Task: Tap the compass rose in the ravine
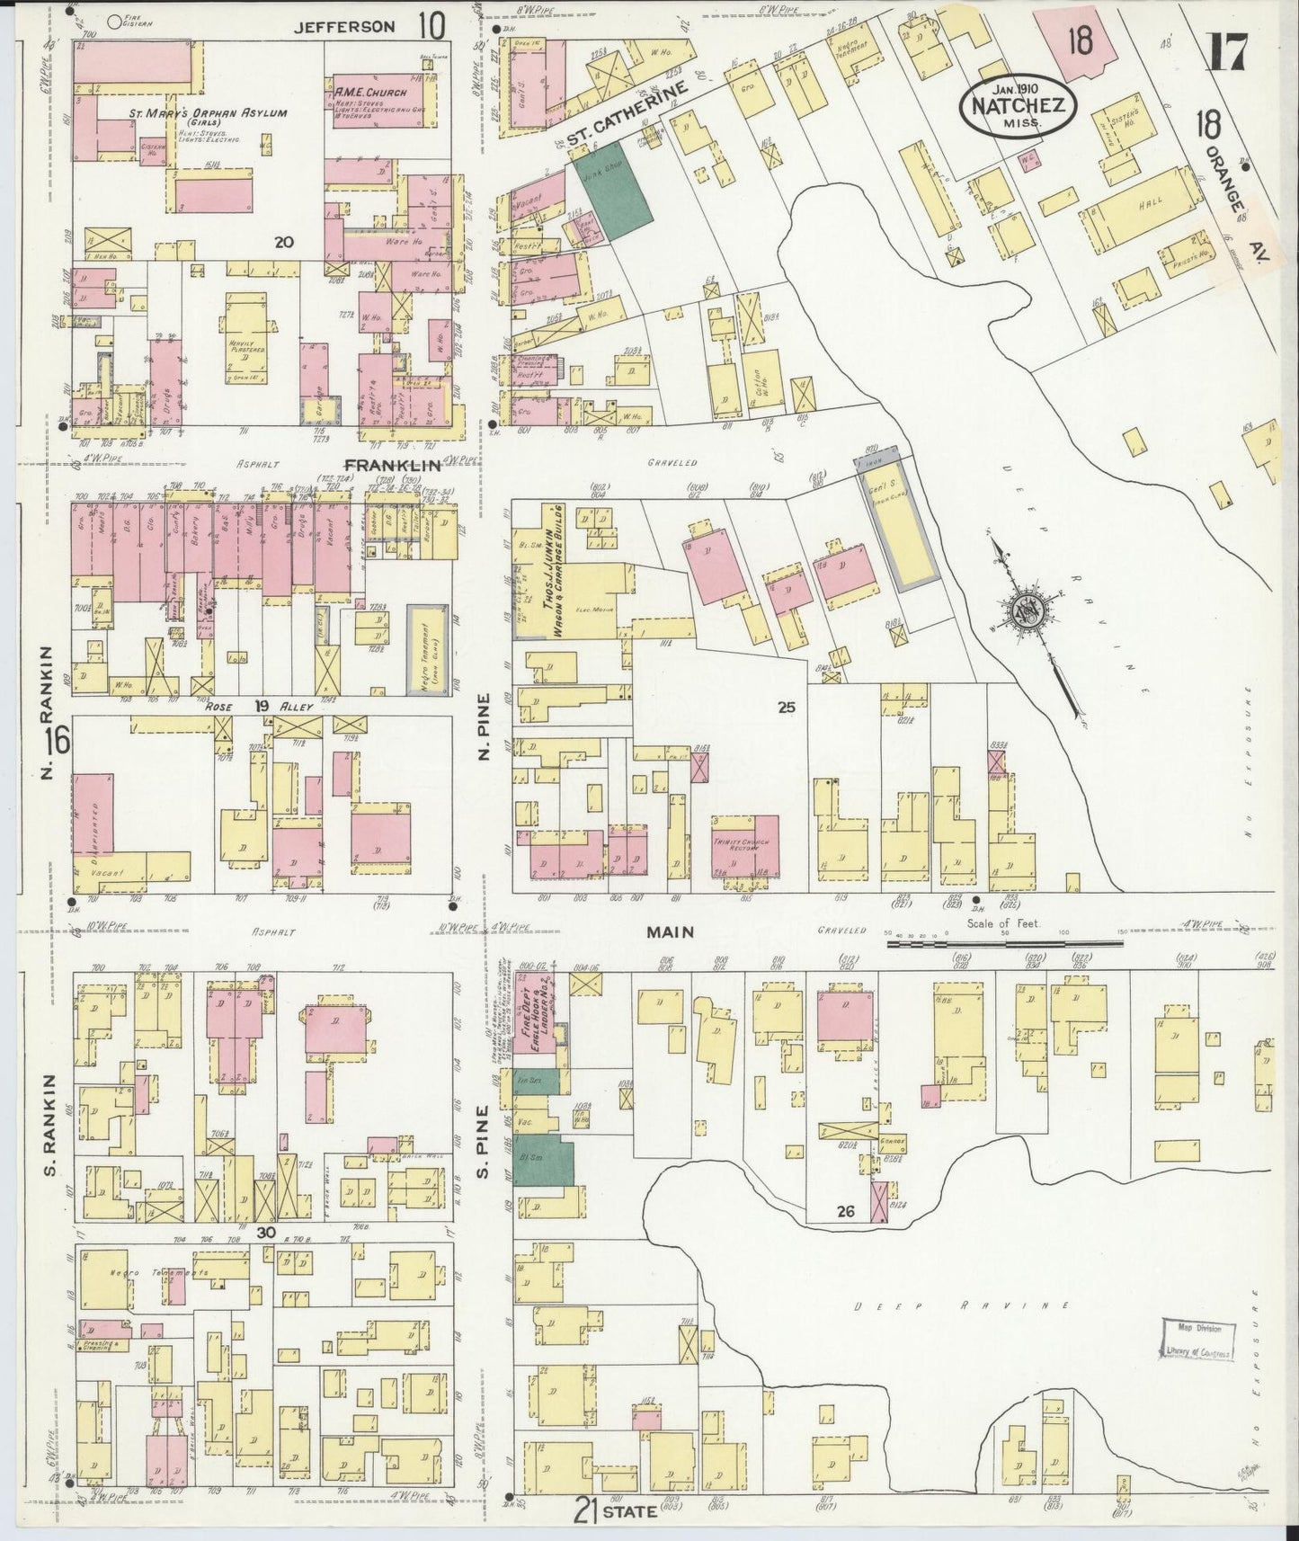(x=1025, y=611)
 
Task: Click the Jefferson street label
(x=345, y=27)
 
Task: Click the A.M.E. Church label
(x=370, y=93)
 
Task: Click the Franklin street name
(x=392, y=465)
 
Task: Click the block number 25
(x=787, y=708)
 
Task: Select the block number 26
(x=844, y=1212)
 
